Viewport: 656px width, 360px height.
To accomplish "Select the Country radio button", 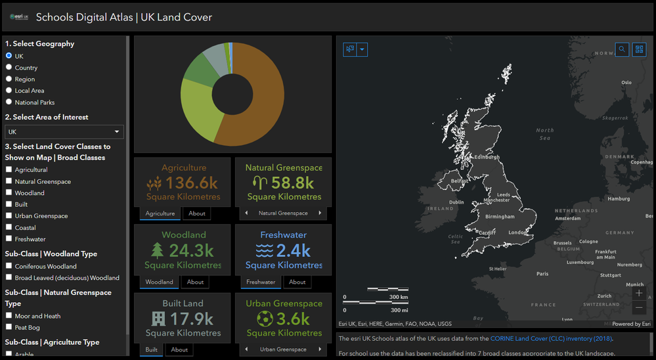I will tap(9, 68).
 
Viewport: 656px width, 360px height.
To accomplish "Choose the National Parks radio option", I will tap(9, 102).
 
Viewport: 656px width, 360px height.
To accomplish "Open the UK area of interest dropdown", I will tap(64, 132).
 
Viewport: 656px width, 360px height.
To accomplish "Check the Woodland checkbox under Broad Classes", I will tap(9, 193).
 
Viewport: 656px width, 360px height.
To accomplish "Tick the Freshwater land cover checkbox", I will tap(9, 239).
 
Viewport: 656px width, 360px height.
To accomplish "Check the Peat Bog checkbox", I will tap(9, 327).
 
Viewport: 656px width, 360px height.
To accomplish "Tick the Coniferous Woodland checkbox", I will tap(9, 267).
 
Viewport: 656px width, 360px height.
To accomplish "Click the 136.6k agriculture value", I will tap(191, 183).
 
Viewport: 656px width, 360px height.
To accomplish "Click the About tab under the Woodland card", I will tap(195, 282).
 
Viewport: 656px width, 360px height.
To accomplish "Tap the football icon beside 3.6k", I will tap(265, 319).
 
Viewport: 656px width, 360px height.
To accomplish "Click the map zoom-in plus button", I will tap(639, 293).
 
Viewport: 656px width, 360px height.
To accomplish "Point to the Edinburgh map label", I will tap(487, 157).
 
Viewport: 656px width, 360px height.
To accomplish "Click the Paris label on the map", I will tap(542, 274).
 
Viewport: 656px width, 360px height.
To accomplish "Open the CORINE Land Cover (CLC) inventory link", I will tap(550, 339).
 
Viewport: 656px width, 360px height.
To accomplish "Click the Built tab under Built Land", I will tap(152, 349).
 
